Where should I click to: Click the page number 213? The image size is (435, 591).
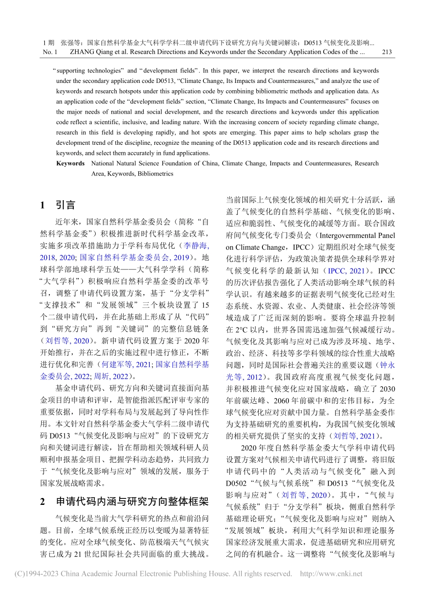[386, 52]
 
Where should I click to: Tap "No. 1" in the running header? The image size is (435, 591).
[50, 52]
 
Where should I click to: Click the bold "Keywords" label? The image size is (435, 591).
[70, 164]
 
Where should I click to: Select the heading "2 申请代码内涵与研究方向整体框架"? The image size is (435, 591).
[124, 502]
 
